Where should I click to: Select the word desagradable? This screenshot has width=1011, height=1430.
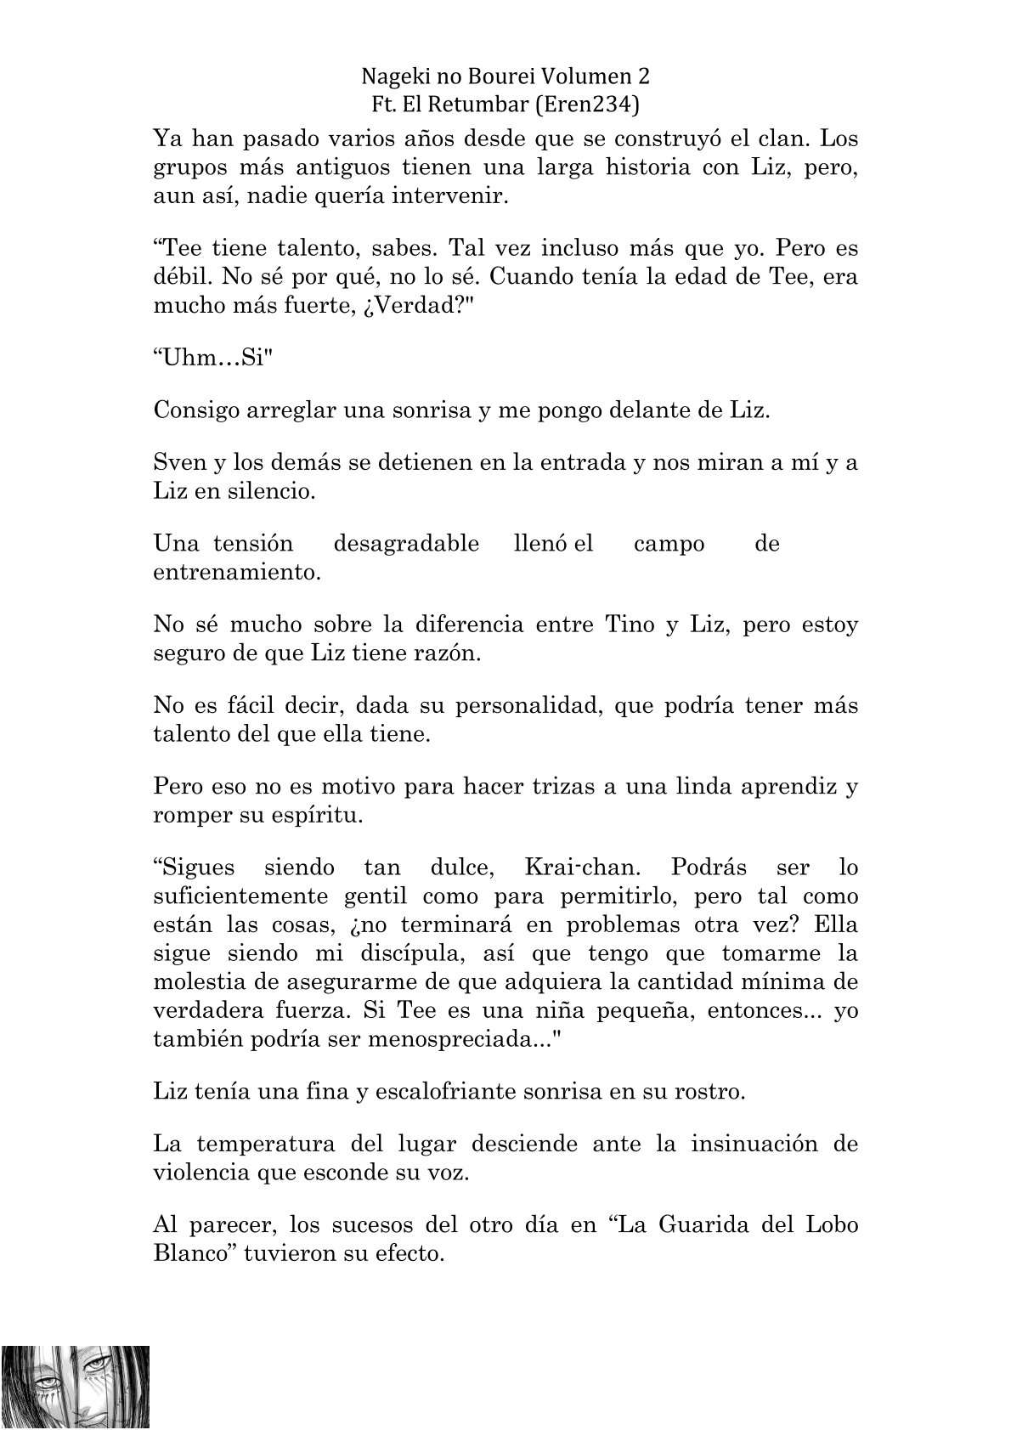click(406, 544)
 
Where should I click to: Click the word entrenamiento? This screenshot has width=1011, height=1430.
click(237, 572)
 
